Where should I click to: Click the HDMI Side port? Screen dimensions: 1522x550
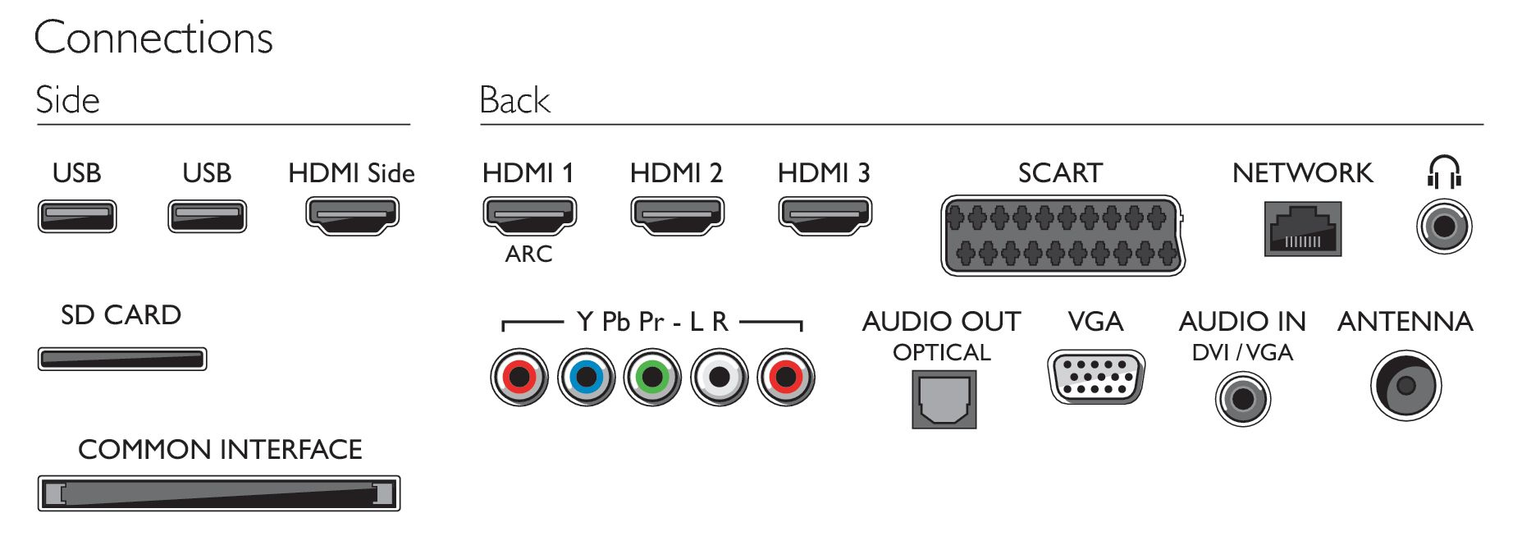[352, 216]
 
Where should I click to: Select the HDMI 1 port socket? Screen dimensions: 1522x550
[529, 216]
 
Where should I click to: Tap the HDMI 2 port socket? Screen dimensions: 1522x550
[677, 216]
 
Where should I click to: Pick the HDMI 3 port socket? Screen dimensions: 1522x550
[825, 216]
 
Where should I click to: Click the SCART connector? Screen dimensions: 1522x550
[1063, 236]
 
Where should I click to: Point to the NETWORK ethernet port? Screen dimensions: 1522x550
[1303, 229]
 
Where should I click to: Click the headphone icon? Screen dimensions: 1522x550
[1444, 172]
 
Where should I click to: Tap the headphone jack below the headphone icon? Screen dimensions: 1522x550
[1444, 227]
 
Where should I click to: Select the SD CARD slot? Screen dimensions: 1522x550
[122, 359]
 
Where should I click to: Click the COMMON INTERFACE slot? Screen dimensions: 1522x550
[219, 493]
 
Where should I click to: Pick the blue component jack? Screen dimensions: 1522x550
[586, 377]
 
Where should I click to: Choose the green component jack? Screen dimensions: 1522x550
[652, 377]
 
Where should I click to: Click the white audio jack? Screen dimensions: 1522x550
[720, 377]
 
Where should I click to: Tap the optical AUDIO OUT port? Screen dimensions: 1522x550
[944, 400]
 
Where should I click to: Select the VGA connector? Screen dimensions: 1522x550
[1096, 377]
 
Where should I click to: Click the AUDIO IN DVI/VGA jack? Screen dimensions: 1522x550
[1243, 399]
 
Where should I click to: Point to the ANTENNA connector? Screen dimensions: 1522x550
[1406, 385]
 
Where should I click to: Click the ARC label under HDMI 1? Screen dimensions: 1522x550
[528, 254]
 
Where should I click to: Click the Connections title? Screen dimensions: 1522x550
[153, 38]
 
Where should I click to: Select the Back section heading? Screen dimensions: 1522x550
[514, 100]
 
